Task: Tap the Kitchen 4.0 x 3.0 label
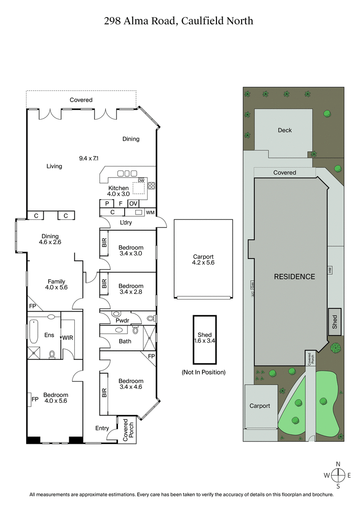[119, 191]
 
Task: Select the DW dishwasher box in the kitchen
[141, 181]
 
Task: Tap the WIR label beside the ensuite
[67, 337]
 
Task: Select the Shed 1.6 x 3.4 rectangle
[205, 339]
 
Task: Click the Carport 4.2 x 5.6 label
[203, 259]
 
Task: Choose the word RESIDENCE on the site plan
[294, 277]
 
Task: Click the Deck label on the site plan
[284, 130]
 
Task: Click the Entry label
[102, 428]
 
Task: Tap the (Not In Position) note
[204, 372]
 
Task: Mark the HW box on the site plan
[330, 270]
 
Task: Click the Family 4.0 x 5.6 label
[56, 284]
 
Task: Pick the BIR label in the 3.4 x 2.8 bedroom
[104, 284]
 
